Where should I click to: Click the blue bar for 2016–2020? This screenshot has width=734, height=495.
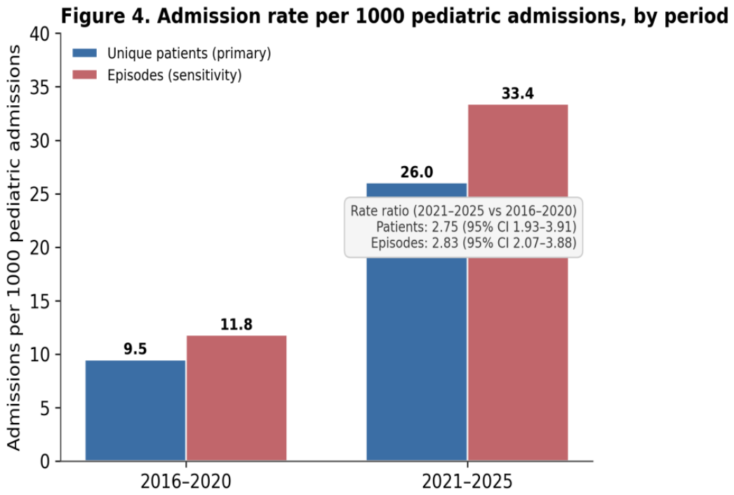[135, 410]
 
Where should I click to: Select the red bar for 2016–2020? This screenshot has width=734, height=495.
[236, 398]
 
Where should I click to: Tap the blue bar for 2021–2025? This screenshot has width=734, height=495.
[417, 322]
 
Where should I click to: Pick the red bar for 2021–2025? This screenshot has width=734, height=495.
[518, 283]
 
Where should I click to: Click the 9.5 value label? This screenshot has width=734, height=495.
[135, 349]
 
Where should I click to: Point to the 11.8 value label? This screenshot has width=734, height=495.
[236, 324]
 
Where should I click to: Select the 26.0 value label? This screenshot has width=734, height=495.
[417, 172]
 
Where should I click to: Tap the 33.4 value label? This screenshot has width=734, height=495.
[518, 93]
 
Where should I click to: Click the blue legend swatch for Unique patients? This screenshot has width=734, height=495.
[85, 53]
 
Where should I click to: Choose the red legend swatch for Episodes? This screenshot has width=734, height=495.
[85, 75]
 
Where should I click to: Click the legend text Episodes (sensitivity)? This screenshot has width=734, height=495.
[175, 75]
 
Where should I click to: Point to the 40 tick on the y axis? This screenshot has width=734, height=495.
[39, 34]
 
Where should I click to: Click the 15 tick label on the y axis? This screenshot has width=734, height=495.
[39, 301]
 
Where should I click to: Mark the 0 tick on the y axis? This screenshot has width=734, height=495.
[45, 461]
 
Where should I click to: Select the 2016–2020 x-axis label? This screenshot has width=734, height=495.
[186, 482]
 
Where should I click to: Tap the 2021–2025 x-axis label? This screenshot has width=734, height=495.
[467, 482]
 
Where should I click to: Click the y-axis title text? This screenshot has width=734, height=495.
[14, 247]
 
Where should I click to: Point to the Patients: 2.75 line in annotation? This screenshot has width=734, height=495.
[476, 227]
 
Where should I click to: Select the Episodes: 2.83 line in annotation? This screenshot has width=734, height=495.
[473, 243]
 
